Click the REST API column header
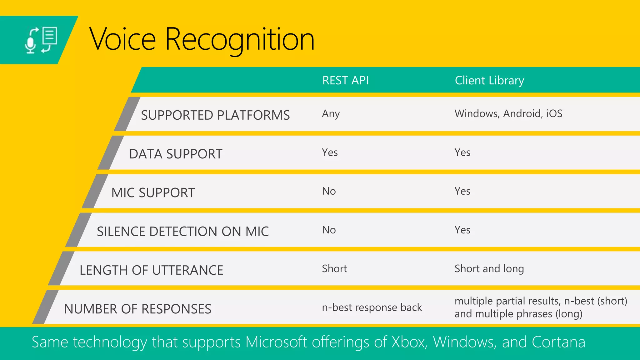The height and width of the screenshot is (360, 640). click(x=345, y=81)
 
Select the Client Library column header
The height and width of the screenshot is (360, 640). click(x=489, y=81)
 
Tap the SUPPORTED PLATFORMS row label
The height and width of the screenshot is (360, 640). click(x=215, y=115)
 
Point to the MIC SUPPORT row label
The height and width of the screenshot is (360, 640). click(x=153, y=193)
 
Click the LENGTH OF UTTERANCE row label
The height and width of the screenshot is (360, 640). click(x=152, y=270)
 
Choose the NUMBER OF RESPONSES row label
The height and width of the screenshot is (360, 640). click(x=137, y=309)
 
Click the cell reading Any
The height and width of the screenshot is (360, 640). click(x=331, y=114)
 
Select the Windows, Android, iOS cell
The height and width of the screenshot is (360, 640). click(x=508, y=113)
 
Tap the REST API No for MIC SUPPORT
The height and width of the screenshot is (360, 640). click(x=329, y=191)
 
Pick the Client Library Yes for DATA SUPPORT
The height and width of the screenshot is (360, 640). click(x=462, y=152)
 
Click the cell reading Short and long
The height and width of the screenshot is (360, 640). click(x=489, y=269)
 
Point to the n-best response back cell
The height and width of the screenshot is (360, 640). click(x=372, y=307)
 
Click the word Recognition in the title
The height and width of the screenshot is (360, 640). click(x=240, y=40)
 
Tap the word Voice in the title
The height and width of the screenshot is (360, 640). click(x=122, y=40)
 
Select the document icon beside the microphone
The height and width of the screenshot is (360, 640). click(x=50, y=36)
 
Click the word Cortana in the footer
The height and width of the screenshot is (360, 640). click(x=558, y=342)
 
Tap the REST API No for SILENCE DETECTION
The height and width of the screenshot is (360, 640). click(x=329, y=230)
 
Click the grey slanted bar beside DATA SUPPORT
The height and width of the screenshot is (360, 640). click(x=110, y=153)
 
